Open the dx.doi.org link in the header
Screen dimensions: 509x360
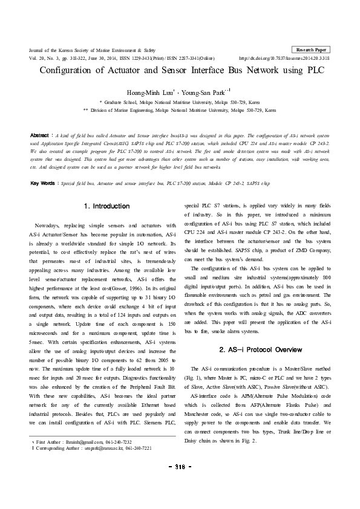(x=284, y=58)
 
